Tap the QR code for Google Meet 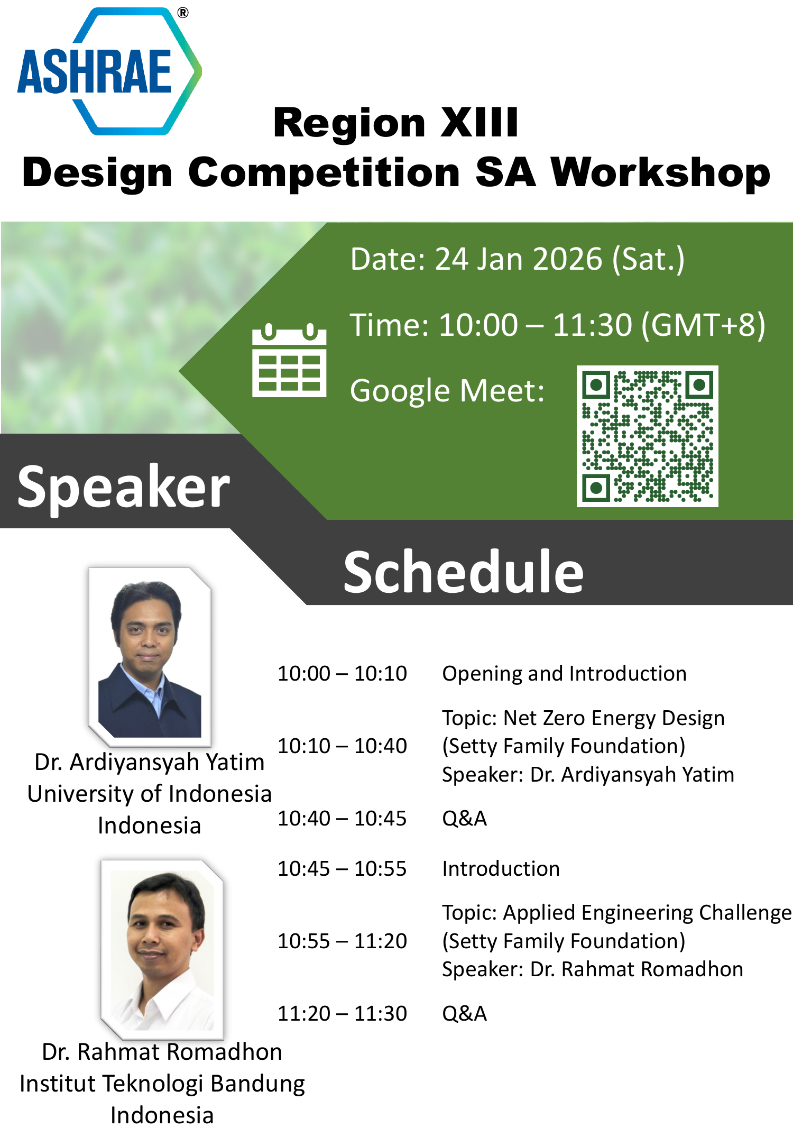click(647, 436)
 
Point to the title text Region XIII click(396, 123)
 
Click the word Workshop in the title click(661, 172)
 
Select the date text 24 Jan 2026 click(519, 259)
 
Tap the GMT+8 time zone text click(703, 325)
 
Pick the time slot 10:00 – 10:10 click(342, 674)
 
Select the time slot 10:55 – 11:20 click(342, 941)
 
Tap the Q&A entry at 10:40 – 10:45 click(464, 819)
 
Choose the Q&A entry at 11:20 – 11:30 click(464, 1014)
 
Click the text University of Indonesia click(150, 794)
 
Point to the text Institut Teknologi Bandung click(162, 1084)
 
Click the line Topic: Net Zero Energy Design click(583, 719)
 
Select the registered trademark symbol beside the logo click(183, 13)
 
